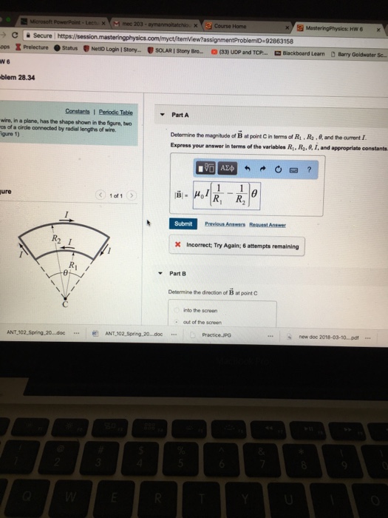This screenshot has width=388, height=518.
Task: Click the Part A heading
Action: click(x=180, y=115)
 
